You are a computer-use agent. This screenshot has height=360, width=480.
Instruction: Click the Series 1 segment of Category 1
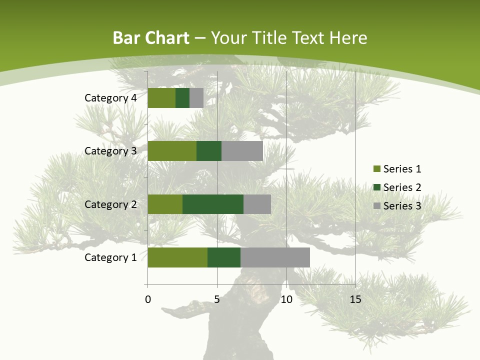(x=177, y=257)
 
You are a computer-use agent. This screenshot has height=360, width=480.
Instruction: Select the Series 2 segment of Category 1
(x=224, y=257)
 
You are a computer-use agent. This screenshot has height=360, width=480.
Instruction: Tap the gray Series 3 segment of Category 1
(x=275, y=257)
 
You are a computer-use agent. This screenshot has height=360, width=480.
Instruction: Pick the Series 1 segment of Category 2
(x=165, y=204)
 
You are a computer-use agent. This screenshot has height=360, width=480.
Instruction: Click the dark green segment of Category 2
(x=213, y=204)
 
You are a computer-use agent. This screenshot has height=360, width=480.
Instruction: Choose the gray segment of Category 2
(x=257, y=204)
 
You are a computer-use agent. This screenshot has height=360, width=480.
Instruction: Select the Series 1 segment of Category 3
(x=172, y=151)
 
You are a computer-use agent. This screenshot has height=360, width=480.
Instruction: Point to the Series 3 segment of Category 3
(x=242, y=151)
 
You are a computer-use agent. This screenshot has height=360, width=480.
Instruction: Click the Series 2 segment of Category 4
(x=182, y=98)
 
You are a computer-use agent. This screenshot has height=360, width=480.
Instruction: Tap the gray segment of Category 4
(x=196, y=98)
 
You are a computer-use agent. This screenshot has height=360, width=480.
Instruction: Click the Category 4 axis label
(x=110, y=98)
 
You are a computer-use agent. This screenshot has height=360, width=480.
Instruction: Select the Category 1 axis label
(x=110, y=257)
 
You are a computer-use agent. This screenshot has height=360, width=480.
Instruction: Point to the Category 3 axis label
(x=110, y=151)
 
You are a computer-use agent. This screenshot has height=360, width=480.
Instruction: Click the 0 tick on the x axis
(x=148, y=299)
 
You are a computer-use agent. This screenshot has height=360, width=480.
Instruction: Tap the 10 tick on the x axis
(x=286, y=299)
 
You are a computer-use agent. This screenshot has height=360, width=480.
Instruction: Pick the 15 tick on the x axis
(x=355, y=299)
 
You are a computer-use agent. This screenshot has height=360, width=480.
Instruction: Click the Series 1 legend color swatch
(x=376, y=169)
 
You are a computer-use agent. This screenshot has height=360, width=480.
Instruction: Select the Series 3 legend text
(x=402, y=206)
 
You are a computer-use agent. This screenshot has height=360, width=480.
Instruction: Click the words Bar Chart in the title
(x=151, y=38)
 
